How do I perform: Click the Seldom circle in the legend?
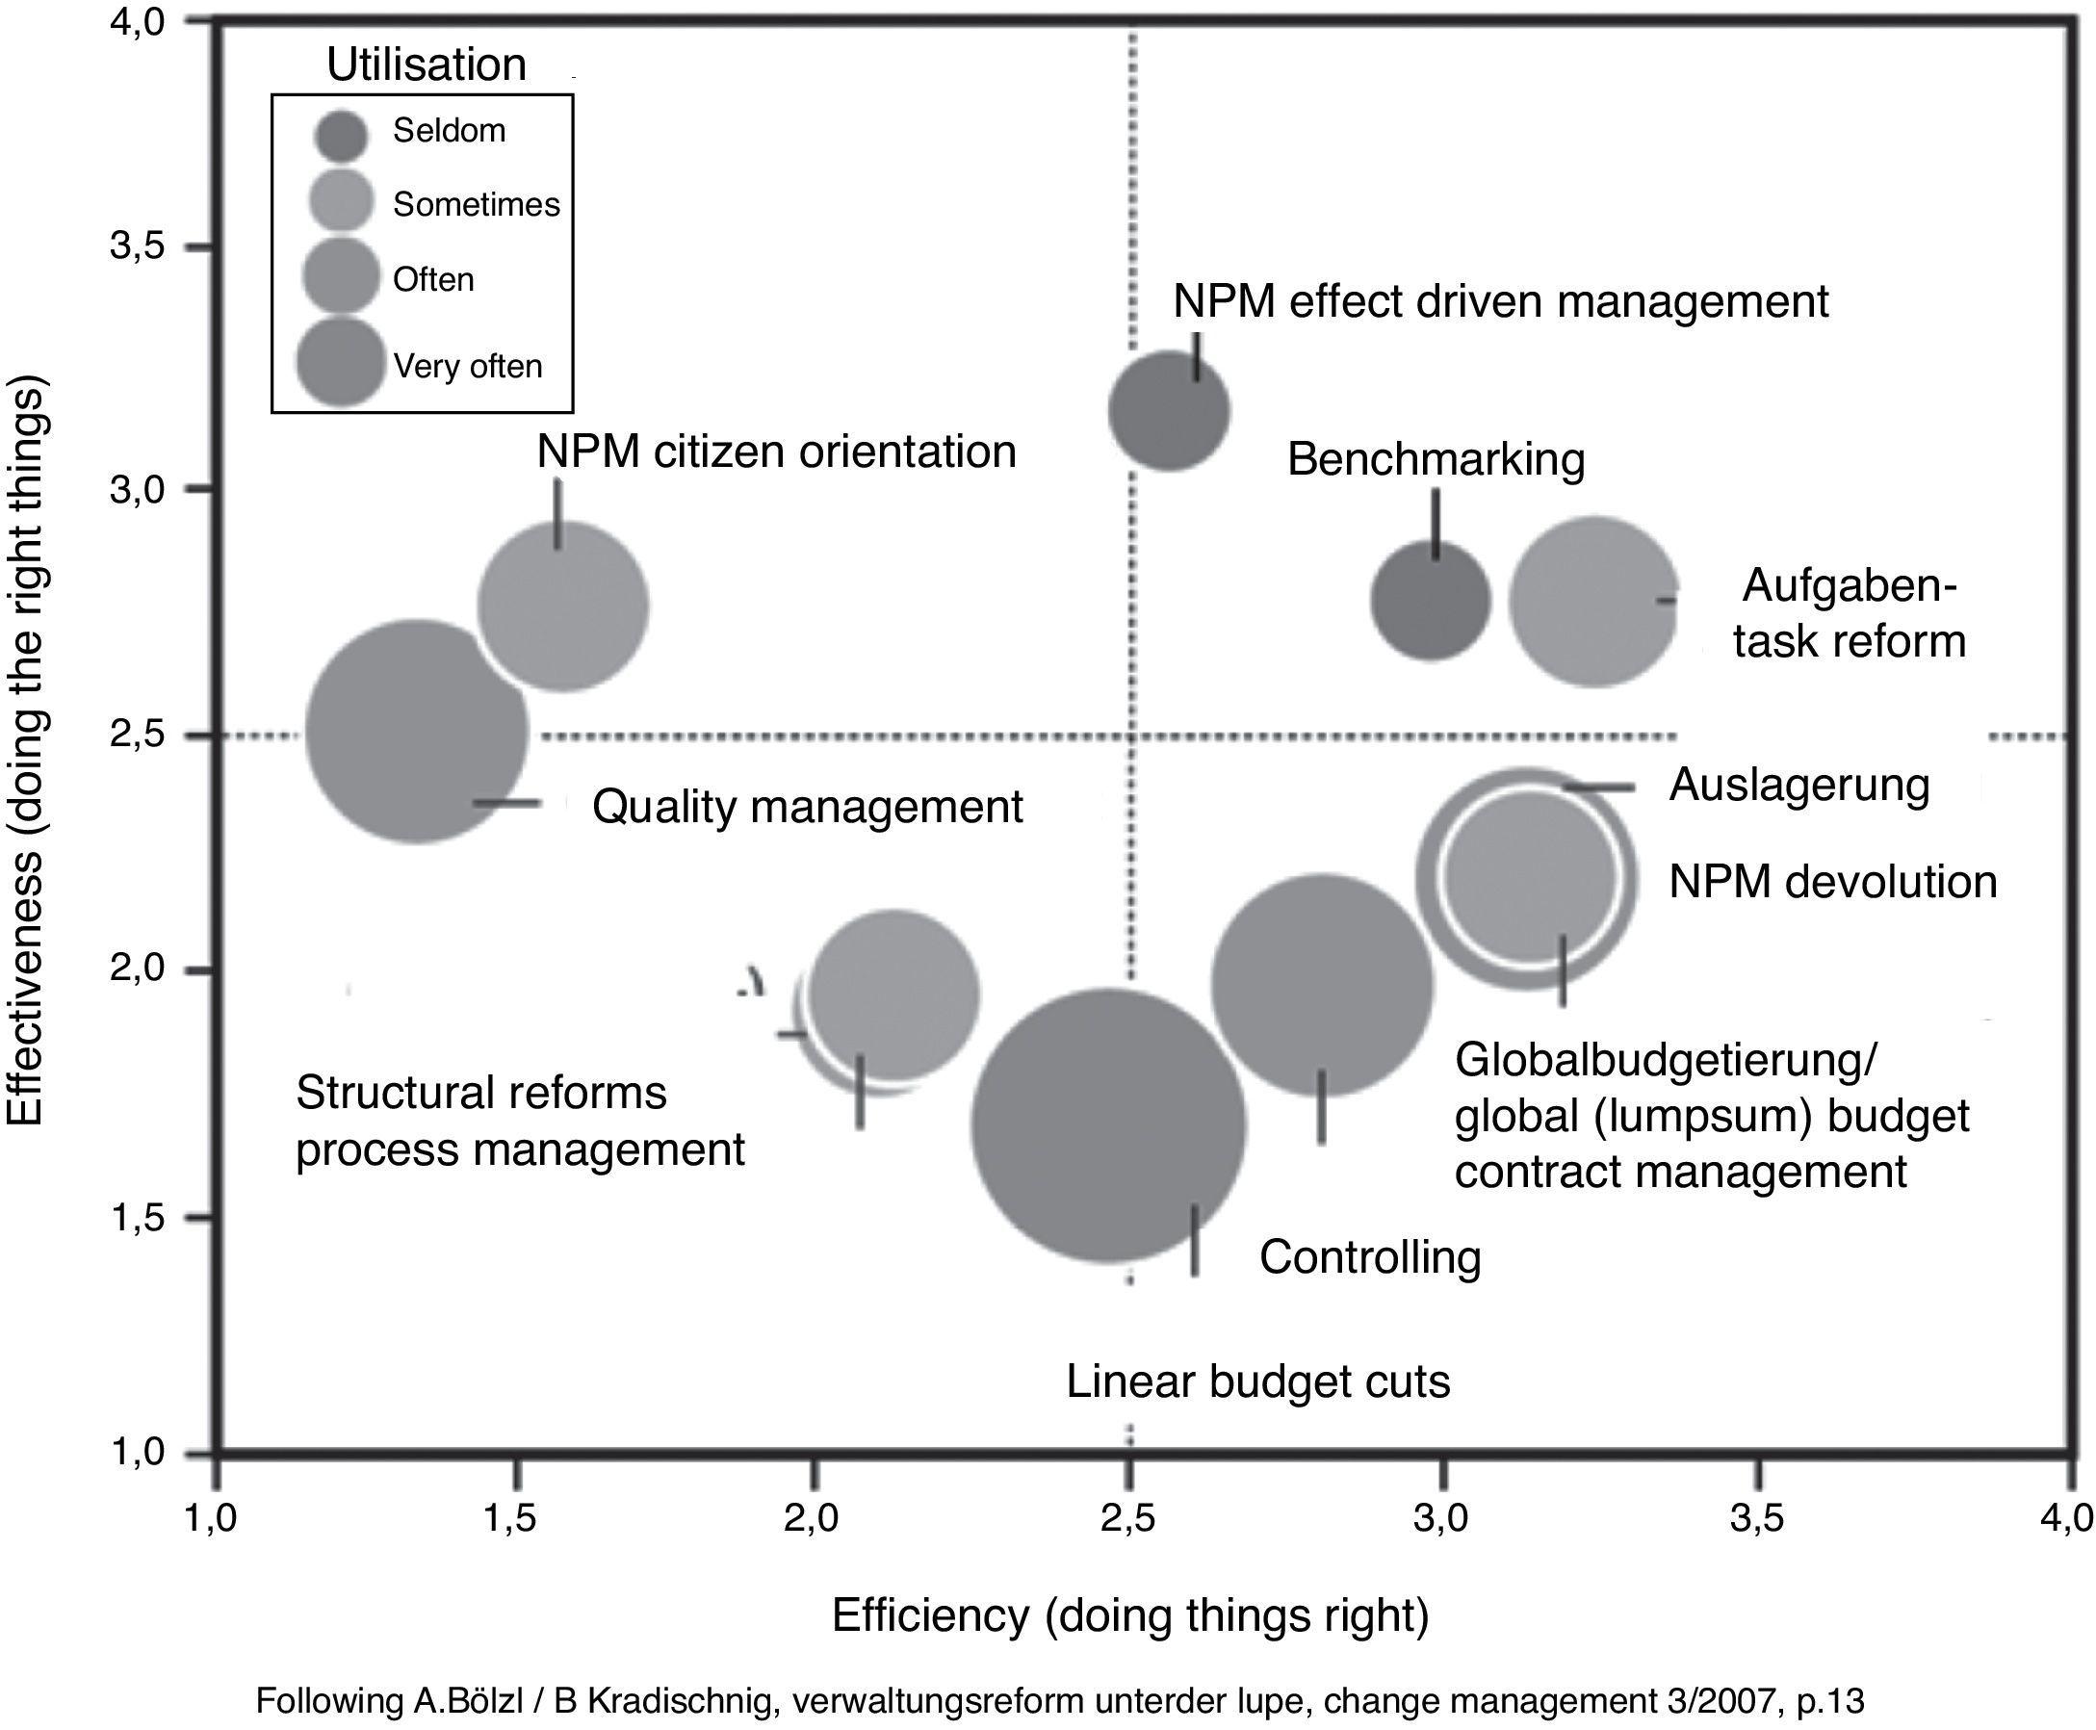click(341, 136)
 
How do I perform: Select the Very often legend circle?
click(341, 363)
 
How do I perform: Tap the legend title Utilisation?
click(426, 65)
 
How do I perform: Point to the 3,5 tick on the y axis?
click(137, 246)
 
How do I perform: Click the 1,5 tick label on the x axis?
click(512, 1519)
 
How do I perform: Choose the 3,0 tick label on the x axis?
click(1441, 1519)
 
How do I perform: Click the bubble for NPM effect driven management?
click(1168, 410)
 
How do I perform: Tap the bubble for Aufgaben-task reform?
click(1594, 601)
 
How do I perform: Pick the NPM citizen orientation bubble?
click(564, 606)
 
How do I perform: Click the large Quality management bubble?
click(416, 731)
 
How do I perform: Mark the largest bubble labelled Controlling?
click(1108, 1126)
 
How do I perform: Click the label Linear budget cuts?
click(1257, 1381)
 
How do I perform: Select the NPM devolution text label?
click(1832, 882)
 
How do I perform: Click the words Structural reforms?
click(481, 1094)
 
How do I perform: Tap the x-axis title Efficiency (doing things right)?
click(1130, 1615)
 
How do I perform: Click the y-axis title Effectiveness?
click(27, 750)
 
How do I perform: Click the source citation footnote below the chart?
click(1059, 1700)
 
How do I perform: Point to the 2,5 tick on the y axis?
click(137, 736)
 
